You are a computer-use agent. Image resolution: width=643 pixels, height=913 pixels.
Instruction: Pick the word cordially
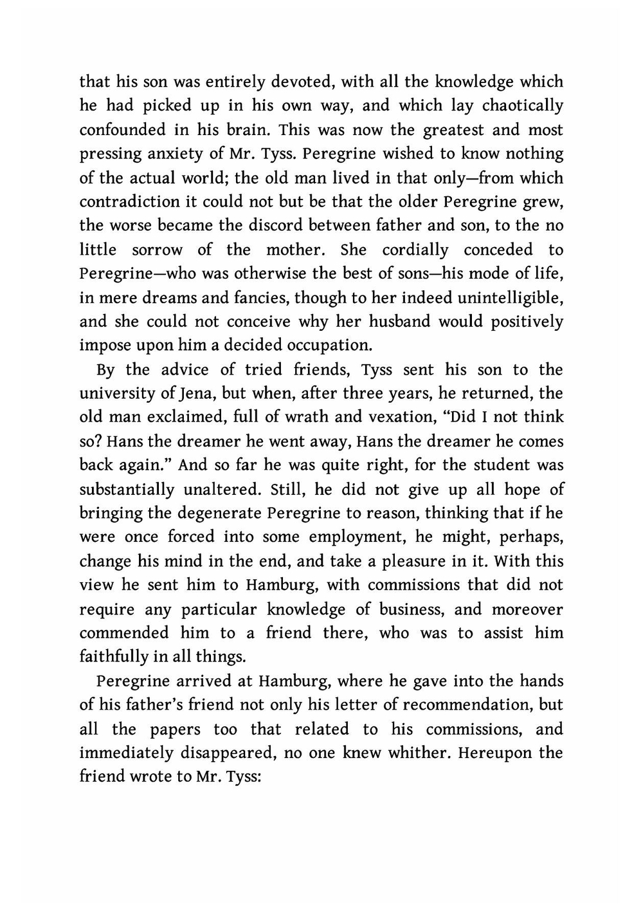coord(415,250)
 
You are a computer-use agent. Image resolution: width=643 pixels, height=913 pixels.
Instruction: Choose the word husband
coord(401,321)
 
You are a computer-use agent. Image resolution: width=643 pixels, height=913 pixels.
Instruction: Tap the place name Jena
coord(190,393)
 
